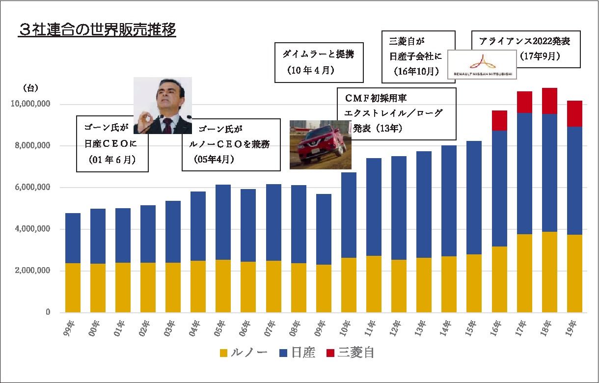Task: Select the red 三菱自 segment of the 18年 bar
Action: point(549,101)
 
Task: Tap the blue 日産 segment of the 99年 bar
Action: point(73,238)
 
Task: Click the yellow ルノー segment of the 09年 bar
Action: point(324,288)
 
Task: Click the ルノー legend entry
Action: point(244,353)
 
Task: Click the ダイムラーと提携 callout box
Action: point(319,62)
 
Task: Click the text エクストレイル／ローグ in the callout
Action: point(394,113)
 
